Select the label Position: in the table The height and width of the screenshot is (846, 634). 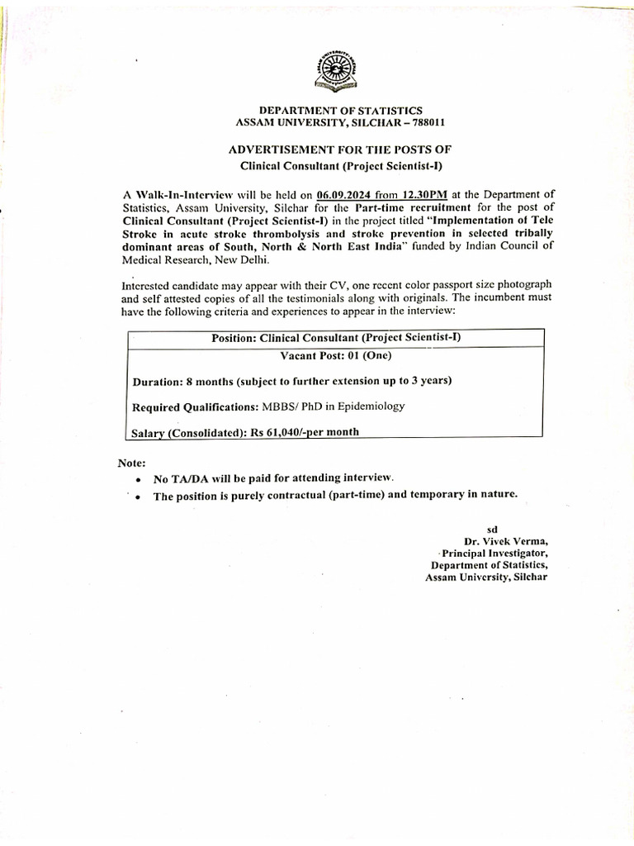coord(234,338)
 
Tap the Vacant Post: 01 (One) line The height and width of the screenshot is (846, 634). coord(336,356)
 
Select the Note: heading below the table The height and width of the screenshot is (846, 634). coord(132,463)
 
